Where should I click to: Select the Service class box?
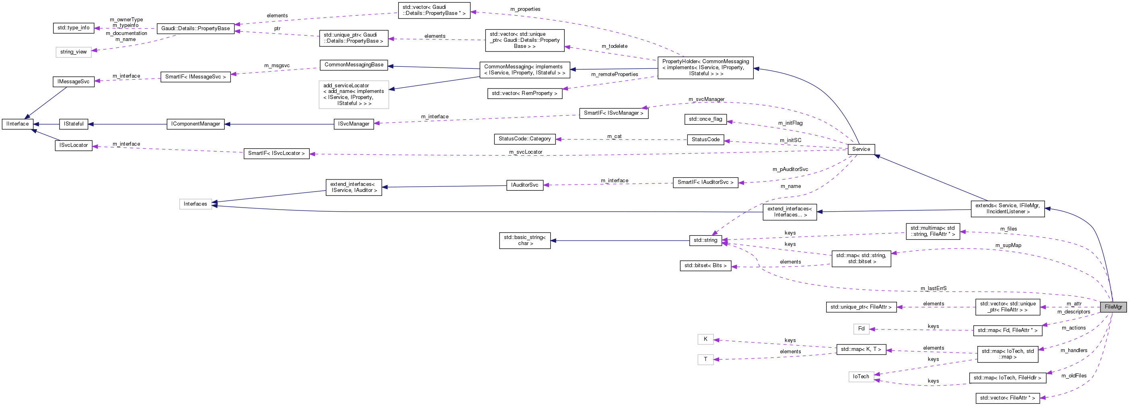pos(861,149)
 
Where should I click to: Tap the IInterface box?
pos(18,124)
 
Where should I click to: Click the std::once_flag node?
pos(705,119)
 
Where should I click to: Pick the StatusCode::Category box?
pos(524,139)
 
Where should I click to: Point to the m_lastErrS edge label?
pos(933,289)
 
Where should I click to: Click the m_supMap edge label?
pos(1008,245)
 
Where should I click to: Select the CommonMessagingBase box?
pos(354,65)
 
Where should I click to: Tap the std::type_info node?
pos(73,28)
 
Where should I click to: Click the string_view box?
pos(74,52)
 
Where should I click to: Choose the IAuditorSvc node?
pos(524,185)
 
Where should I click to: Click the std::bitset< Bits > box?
pos(705,266)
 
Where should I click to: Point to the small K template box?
pos(705,339)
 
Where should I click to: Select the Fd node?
pos(861,329)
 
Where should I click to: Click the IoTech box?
pos(861,377)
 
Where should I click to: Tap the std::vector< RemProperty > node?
pos(524,93)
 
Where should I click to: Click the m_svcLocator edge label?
pos(526,152)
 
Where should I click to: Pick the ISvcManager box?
pos(353,124)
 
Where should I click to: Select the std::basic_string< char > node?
pos(524,240)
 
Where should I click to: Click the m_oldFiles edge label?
pos(1073,376)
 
